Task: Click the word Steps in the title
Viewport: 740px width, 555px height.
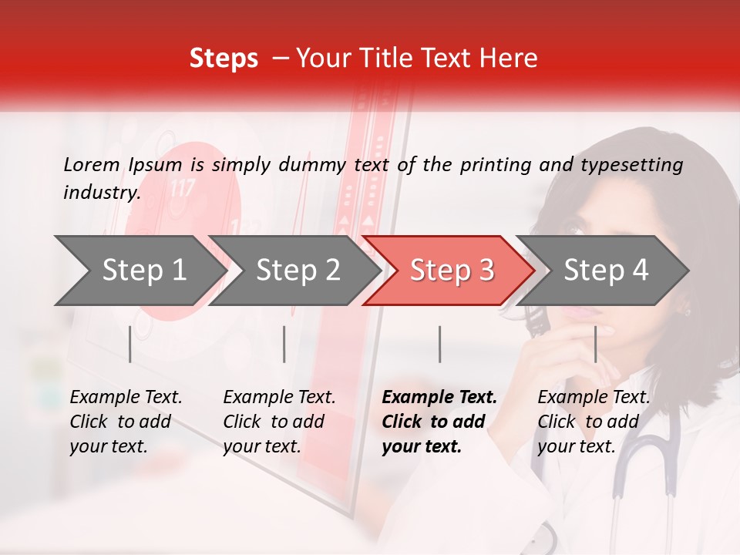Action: click(224, 59)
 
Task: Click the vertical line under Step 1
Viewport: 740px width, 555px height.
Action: click(130, 344)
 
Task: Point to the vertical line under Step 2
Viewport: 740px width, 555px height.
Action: click(284, 344)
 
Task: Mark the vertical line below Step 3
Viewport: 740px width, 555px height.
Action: click(439, 344)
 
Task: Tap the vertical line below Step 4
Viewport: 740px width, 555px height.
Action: click(595, 344)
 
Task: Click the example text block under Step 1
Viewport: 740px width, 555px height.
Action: click(126, 422)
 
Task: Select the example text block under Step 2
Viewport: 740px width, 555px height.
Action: click(279, 422)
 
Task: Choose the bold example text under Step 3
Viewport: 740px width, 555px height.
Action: click(439, 422)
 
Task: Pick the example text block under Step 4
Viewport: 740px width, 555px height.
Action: click(594, 422)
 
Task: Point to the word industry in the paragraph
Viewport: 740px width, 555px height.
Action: click(102, 192)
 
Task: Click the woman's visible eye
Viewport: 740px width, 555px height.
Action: click(571, 226)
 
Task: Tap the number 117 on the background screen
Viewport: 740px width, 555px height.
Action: click(182, 188)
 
